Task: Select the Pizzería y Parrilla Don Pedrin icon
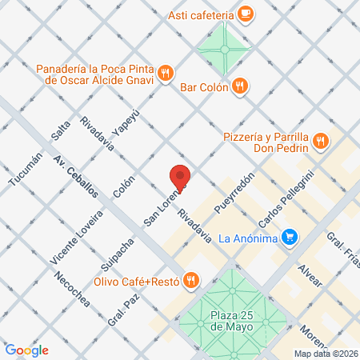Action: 321,141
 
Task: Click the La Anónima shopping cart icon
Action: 290,237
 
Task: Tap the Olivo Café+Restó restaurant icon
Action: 190,280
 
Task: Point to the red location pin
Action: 180,178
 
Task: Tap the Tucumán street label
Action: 24,170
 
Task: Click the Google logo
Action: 26,350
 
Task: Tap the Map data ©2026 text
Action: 325,354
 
